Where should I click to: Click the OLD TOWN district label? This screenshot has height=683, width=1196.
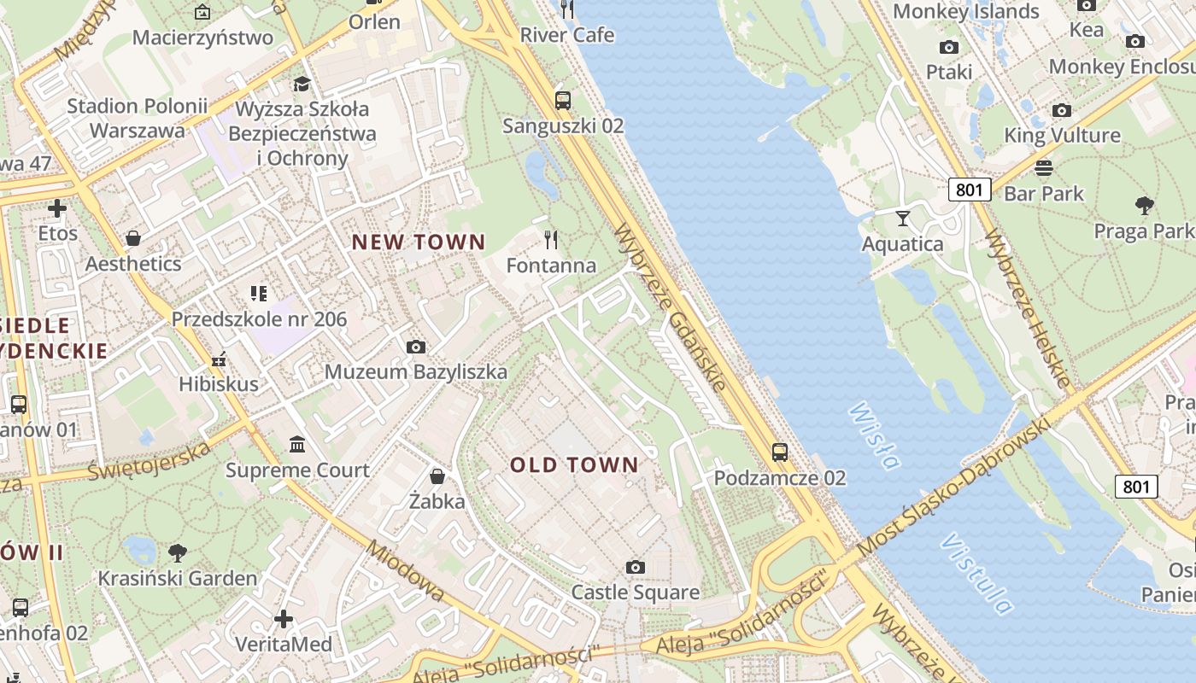[574, 465]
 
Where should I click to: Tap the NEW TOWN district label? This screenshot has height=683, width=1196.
[419, 242]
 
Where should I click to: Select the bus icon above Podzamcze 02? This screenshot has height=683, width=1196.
[779, 452]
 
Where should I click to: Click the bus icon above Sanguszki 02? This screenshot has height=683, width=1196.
[562, 100]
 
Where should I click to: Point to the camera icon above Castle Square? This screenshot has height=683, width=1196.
[635, 567]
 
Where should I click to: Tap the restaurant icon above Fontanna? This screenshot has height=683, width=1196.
[551, 240]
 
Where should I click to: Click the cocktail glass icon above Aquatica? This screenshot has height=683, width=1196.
[903, 218]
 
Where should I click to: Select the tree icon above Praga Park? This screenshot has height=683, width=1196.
[1145, 206]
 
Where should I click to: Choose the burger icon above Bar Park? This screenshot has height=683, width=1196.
[1043, 167]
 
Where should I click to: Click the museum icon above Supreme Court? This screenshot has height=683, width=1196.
[297, 445]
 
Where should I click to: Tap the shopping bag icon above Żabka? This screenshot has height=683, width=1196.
[437, 476]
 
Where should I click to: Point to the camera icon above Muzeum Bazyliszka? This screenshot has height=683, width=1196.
[416, 347]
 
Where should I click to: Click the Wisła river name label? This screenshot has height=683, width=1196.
[874, 436]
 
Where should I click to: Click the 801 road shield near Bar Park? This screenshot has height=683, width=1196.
[969, 189]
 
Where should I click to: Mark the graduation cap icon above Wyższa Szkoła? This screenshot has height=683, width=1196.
[302, 84]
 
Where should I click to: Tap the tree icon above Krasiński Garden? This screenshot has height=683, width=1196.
[177, 552]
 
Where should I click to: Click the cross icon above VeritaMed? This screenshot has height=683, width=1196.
[284, 618]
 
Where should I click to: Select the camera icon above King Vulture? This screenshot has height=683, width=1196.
[1061, 110]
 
